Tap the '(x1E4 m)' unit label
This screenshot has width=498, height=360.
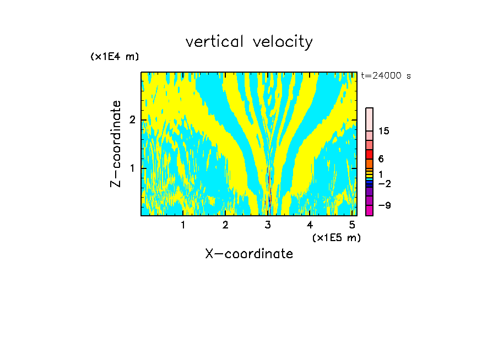(x=115, y=57)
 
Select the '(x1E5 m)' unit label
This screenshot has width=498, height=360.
(x=336, y=237)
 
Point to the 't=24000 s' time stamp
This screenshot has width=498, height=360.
(x=386, y=76)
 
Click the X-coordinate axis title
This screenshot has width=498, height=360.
(x=249, y=254)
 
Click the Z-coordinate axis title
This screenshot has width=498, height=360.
(x=116, y=144)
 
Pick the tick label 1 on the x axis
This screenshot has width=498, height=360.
(x=183, y=225)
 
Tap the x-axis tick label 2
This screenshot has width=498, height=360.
(x=225, y=225)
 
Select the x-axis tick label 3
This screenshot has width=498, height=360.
(x=268, y=225)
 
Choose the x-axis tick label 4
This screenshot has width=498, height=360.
(x=310, y=225)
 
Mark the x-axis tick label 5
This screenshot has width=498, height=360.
(x=352, y=225)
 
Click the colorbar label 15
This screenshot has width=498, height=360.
(x=384, y=131)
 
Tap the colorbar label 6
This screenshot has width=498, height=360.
(x=381, y=159)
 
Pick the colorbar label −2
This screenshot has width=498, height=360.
(x=384, y=183)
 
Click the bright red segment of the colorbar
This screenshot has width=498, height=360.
(x=369, y=154)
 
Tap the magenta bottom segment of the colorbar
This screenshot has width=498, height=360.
(x=369, y=210)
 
